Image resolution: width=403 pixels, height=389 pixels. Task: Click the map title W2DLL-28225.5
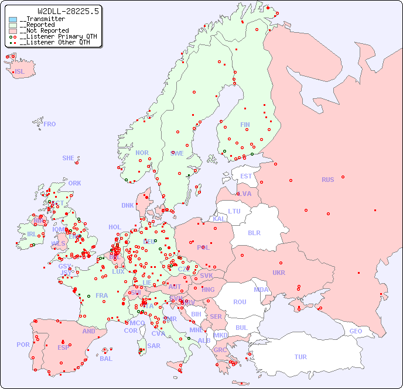click(x=68, y=11)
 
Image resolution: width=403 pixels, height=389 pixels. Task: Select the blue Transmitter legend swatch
click(x=13, y=19)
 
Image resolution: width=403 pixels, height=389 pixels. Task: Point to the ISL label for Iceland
click(x=19, y=72)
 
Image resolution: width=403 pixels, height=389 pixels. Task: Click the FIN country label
click(x=245, y=125)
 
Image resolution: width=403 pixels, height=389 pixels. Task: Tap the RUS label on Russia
click(x=327, y=180)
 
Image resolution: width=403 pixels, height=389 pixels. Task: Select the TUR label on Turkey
click(x=300, y=357)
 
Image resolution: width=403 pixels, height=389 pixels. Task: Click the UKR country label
click(x=279, y=273)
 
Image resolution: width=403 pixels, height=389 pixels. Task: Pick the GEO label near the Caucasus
click(x=356, y=331)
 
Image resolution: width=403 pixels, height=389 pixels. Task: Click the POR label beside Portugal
click(x=23, y=345)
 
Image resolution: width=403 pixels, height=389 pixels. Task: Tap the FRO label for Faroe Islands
click(x=50, y=124)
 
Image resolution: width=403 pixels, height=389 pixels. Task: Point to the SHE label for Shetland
click(x=69, y=158)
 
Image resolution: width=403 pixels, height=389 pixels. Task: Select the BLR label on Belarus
click(x=254, y=232)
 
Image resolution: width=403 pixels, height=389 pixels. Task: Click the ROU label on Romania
click(x=240, y=302)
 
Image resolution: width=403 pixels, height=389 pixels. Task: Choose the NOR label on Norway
click(x=142, y=153)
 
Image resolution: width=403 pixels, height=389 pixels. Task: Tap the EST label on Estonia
click(x=246, y=176)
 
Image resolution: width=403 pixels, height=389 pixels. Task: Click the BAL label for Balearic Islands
click(x=106, y=359)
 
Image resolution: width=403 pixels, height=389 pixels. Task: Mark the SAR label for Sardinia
click(x=153, y=346)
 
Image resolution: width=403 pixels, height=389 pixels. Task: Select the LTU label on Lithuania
click(x=234, y=211)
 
